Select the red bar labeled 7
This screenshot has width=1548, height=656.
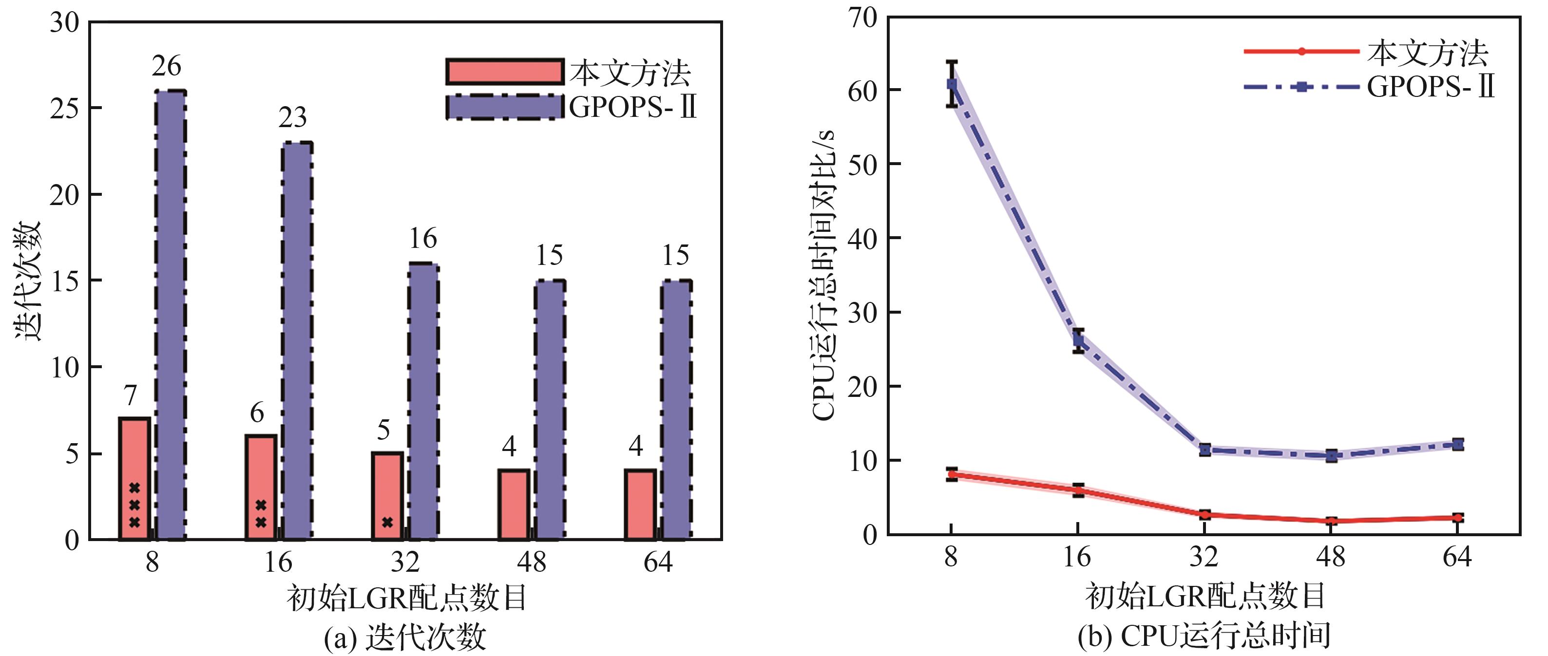coord(134,456)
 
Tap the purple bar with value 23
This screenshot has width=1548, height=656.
coord(297,340)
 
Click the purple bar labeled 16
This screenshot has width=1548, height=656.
coord(423,401)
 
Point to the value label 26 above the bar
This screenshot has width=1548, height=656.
coord(167,67)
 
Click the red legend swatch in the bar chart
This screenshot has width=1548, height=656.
coord(505,72)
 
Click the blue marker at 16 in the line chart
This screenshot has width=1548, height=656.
coord(1078,340)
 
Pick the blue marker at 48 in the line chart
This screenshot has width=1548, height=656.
coord(1331,456)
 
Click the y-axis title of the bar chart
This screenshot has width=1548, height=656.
coord(27,281)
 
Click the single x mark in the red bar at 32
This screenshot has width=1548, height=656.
coord(387,522)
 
